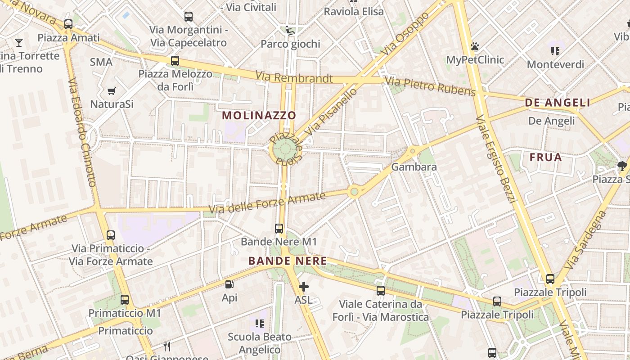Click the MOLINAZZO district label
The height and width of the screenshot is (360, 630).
[259, 115]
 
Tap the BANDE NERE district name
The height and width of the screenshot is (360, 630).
[288, 261]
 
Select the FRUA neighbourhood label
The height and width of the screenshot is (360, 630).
[546, 157]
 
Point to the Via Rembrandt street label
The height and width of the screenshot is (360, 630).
[294, 78]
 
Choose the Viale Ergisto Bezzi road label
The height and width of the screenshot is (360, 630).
[495, 159]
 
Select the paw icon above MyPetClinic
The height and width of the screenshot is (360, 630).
[475, 46]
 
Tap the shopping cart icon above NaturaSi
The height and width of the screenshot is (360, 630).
[112, 91]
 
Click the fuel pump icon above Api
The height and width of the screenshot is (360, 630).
[229, 284]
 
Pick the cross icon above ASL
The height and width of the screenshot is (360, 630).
[304, 286]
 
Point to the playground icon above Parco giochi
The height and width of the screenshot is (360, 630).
[290, 31]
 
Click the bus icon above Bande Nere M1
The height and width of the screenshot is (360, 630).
[279, 228]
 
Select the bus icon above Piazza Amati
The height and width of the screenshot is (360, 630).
[68, 24]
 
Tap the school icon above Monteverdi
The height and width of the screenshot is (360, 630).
[555, 51]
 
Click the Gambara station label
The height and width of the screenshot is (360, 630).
[414, 167]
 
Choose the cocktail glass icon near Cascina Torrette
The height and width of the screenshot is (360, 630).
[19, 43]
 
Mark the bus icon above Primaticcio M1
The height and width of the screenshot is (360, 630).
[125, 299]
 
